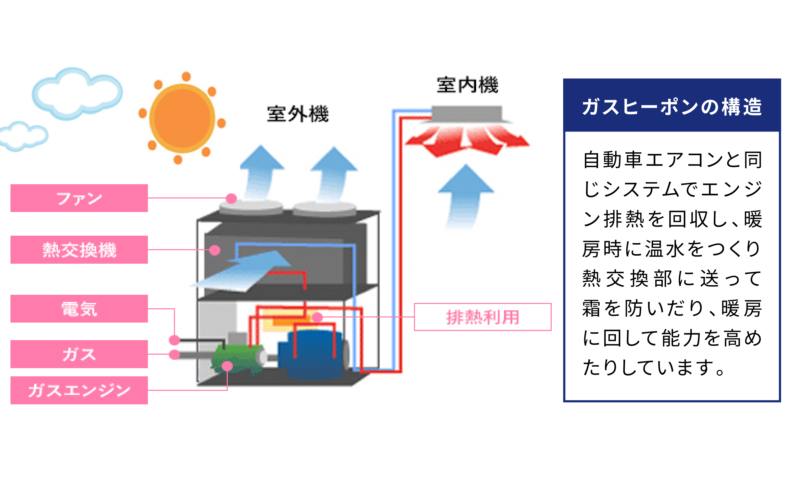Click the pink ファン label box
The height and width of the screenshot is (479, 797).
(x=79, y=198)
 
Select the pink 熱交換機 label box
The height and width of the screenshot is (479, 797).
(x=79, y=249)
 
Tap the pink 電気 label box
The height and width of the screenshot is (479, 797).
(x=79, y=309)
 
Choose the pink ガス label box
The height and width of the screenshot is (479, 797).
(x=79, y=354)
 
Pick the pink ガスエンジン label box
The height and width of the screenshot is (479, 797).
(x=79, y=390)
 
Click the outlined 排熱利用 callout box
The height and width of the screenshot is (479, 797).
(x=482, y=317)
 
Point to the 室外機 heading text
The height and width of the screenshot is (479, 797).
(x=298, y=114)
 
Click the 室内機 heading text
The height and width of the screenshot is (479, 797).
(x=467, y=85)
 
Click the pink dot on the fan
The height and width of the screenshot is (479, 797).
(x=231, y=198)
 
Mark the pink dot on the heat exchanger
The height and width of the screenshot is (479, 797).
(x=215, y=250)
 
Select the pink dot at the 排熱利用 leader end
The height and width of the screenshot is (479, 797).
(x=318, y=317)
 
